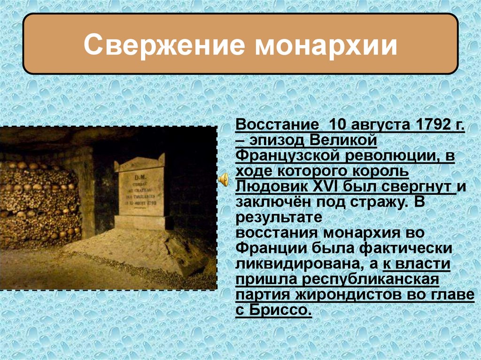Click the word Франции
(268, 249)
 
